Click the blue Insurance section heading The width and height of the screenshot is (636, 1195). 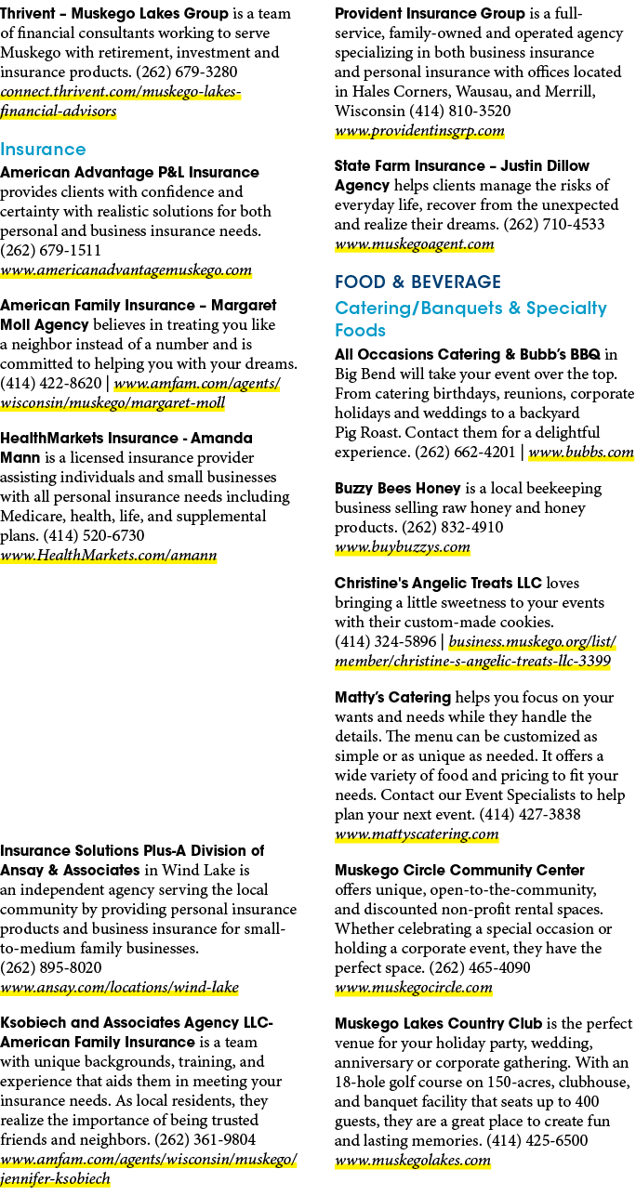pyautogui.click(x=43, y=150)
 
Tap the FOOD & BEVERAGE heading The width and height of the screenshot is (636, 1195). pyautogui.click(x=417, y=282)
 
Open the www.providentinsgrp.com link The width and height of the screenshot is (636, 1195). pyautogui.click(x=419, y=131)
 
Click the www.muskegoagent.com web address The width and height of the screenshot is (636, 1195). pyautogui.click(x=414, y=245)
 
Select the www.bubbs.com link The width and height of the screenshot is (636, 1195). pyautogui.click(x=581, y=453)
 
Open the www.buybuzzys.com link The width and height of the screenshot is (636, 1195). pyautogui.click(x=402, y=547)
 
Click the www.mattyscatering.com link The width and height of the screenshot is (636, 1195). pyautogui.click(x=417, y=834)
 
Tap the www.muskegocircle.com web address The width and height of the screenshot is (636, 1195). pyautogui.click(x=414, y=988)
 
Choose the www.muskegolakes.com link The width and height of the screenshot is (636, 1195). pyautogui.click(x=412, y=1161)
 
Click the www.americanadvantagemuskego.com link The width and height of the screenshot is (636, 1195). pyautogui.click(x=126, y=270)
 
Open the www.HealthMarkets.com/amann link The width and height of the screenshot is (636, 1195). pyautogui.click(x=109, y=556)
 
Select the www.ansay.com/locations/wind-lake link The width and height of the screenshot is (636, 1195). pyautogui.click(x=119, y=988)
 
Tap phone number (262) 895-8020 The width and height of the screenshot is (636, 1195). pyautogui.click(x=51, y=967)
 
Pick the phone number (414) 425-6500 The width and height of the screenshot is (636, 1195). pyautogui.click(x=537, y=1140)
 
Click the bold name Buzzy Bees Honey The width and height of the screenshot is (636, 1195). pyautogui.click(x=397, y=489)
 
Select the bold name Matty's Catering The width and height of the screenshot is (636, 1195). pyautogui.click(x=392, y=697)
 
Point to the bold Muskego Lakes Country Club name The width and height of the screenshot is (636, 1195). pyautogui.click(x=438, y=1023)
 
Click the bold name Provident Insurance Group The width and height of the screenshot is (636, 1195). pyautogui.click(x=430, y=13)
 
